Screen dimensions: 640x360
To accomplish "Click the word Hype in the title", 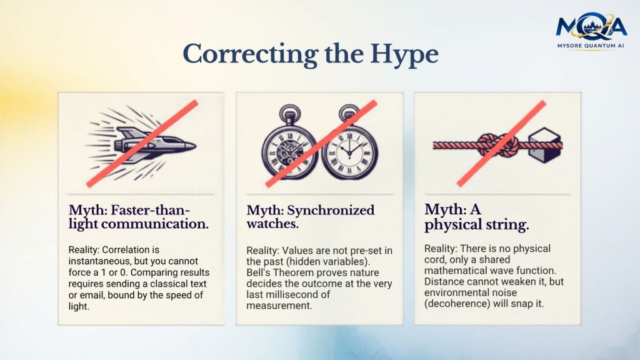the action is point(404,55).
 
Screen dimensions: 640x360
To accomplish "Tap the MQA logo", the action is point(591,26).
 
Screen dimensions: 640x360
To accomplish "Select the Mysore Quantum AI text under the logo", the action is point(591,46).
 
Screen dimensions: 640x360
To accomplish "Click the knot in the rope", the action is point(498,145).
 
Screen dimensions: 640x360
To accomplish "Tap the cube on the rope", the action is point(545,145).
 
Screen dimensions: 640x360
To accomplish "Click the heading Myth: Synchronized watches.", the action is point(310,217).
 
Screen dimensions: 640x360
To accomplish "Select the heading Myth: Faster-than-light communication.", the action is point(138,217).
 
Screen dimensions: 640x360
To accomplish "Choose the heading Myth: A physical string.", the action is point(476,217).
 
